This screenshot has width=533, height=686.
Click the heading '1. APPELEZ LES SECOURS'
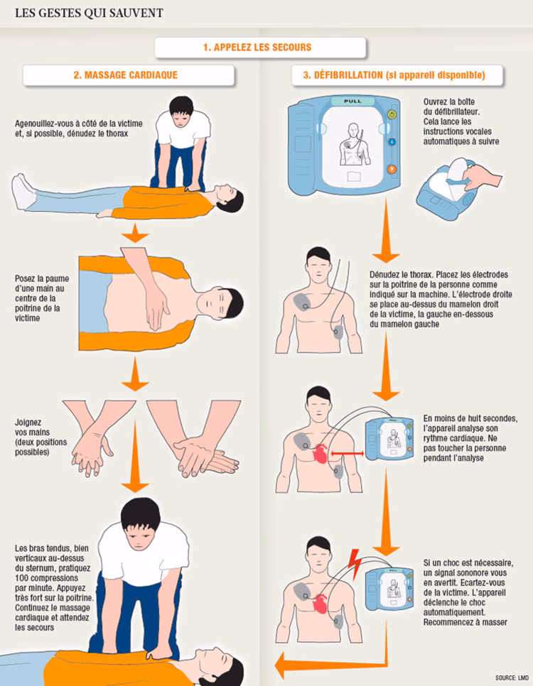click(260, 48)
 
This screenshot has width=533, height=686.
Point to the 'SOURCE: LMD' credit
click(512, 677)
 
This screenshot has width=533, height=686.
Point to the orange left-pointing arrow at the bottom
click(298, 665)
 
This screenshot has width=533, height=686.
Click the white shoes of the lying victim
click(24, 192)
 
